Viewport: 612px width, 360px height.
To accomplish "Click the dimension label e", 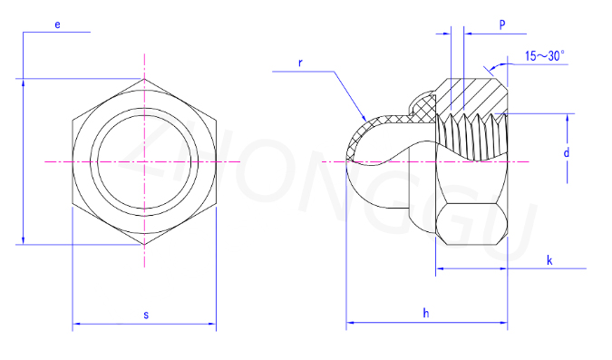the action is coord(57,25).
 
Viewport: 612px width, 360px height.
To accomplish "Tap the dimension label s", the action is coord(146,315).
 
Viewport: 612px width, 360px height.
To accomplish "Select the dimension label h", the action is coord(426,313).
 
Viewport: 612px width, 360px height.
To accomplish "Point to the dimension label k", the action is coord(549,260).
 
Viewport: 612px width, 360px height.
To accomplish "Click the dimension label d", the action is coord(567,152).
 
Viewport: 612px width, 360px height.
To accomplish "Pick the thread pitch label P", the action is coord(502,24).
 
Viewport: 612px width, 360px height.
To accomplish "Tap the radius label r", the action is coord(300,63).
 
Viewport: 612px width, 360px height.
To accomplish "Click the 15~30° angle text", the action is coord(545,56).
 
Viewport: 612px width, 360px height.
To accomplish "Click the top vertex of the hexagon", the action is coord(144,79).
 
